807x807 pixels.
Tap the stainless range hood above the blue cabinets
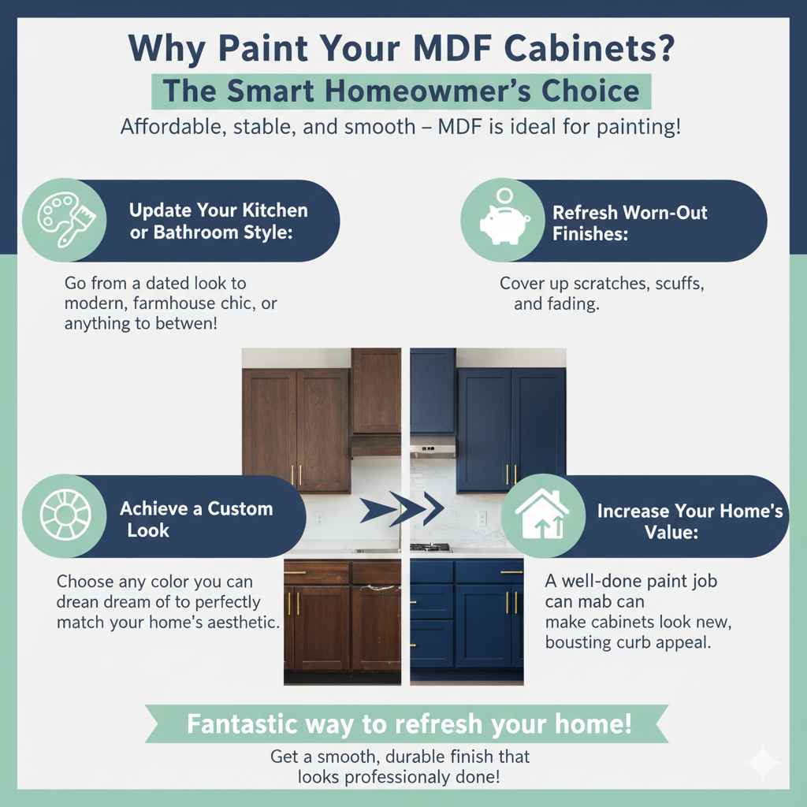click(433, 450)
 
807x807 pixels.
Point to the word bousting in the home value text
click(583, 642)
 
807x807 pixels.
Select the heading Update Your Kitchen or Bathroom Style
click(218, 221)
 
